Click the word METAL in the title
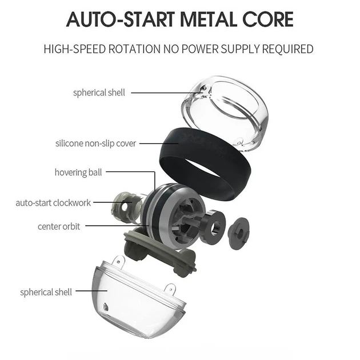(209, 19)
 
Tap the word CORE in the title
(268, 19)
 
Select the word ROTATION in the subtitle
(134, 49)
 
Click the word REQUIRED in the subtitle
(287, 49)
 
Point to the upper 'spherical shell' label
(99, 93)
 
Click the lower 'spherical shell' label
(46, 292)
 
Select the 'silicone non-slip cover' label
(96, 143)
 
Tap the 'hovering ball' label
(78, 173)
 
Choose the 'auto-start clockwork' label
(53, 203)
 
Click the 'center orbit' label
(59, 227)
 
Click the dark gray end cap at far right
(238, 234)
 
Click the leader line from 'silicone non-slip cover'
(159, 144)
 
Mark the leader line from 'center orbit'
(117, 226)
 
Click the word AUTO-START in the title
(121, 19)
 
